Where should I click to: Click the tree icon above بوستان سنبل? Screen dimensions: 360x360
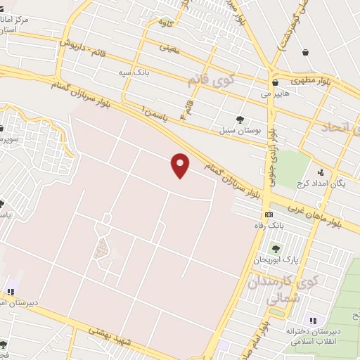[241, 120]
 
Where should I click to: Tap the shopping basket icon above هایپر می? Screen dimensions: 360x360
[275, 82]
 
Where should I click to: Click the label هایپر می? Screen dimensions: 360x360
[275, 93]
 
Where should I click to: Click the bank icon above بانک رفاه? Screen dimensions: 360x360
[269, 214]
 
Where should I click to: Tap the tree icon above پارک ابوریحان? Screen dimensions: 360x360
[275, 248]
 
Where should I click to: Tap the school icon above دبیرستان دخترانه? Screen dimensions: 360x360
[313, 321]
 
